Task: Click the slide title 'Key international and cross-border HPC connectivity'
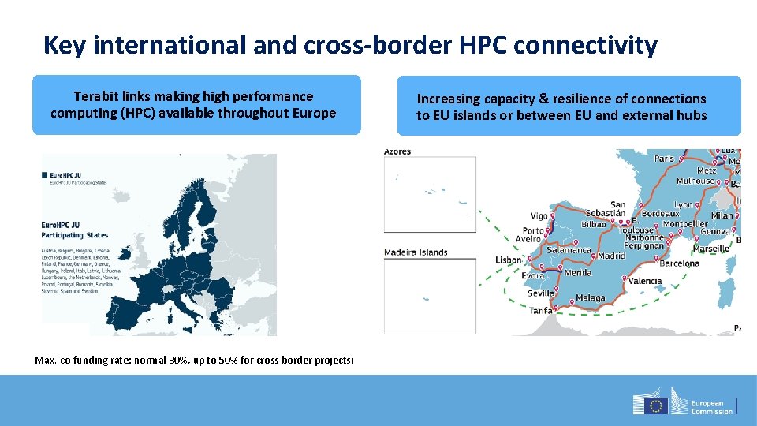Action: click(349, 45)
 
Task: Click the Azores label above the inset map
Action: click(397, 151)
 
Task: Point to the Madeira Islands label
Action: click(416, 252)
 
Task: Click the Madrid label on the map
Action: click(611, 256)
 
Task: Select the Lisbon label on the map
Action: click(509, 260)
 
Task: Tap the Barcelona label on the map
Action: click(679, 263)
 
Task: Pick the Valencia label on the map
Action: click(645, 281)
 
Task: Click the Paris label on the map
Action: click(664, 159)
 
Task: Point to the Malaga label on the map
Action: click(591, 298)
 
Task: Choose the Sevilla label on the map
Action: click(541, 293)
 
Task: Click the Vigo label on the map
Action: click(539, 215)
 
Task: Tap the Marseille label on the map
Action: click(711, 248)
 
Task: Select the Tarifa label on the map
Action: click(541, 311)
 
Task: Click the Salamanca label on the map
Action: click(569, 250)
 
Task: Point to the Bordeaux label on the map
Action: click(660, 213)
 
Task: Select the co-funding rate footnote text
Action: click(195, 360)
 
